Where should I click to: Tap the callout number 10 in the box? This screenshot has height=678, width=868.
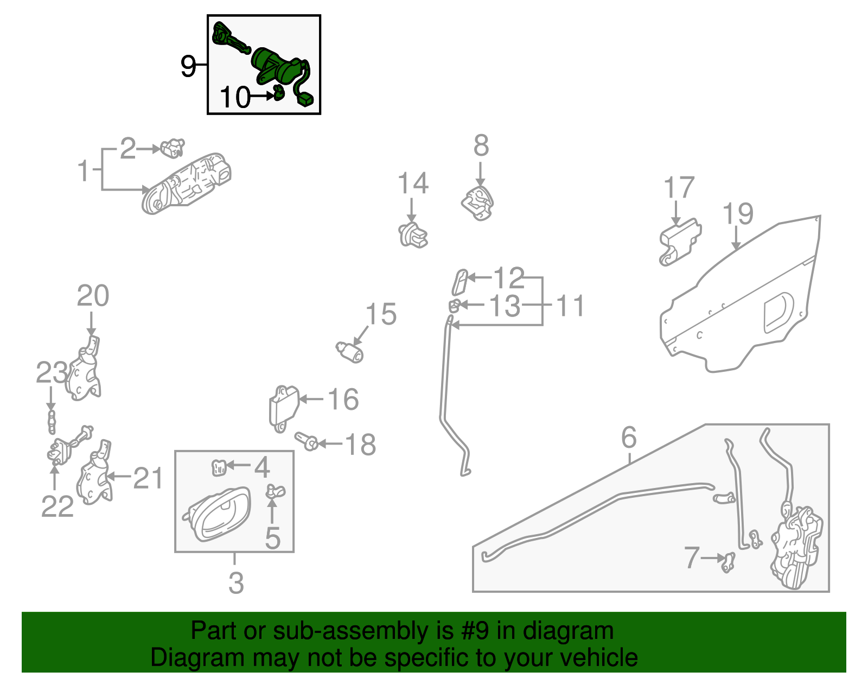(235, 98)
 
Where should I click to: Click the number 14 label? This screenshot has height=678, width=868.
(413, 183)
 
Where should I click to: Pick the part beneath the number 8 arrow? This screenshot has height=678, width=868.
(478, 202)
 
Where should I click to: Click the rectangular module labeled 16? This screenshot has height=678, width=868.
(283, 407)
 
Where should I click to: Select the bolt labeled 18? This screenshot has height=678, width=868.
(307, 441)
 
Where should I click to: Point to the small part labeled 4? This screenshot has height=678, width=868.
(219, 467)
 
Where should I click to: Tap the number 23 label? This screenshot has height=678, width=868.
(52, 373)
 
